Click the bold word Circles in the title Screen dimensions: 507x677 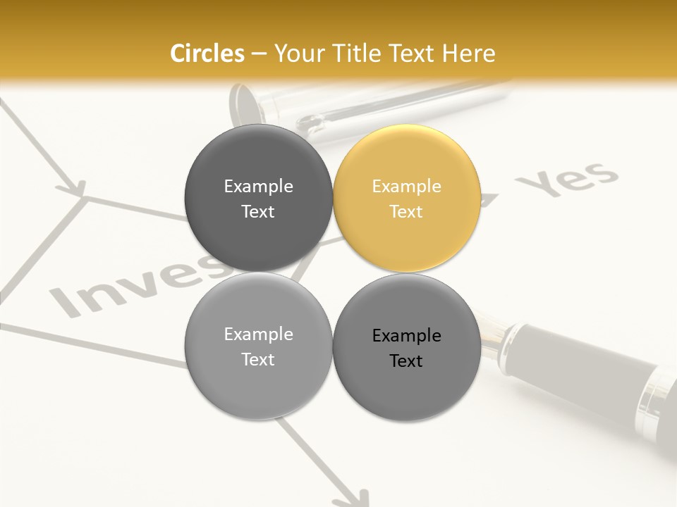(207, 54)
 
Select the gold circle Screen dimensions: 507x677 (407, 198)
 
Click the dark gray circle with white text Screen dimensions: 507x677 (258, 198)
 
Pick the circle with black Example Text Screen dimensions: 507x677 (407, 347)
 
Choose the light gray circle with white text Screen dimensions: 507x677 (258, 346)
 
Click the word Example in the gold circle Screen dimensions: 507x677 (406, 186)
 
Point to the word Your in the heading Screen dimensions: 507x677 (298, 54)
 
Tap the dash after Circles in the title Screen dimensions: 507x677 (259, 54)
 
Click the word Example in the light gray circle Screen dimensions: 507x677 (258, 334)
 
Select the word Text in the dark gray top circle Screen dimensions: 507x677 (258, 211)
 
